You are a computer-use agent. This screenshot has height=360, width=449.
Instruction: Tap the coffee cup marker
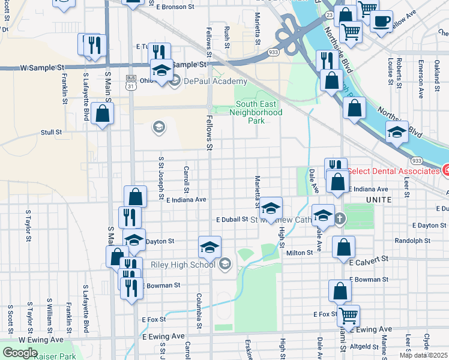click(x=382, y=22)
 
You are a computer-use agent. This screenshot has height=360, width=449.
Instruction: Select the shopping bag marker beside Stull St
click(x=103, y=113)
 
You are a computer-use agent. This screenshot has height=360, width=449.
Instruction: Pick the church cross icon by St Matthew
click(x=339, y=218)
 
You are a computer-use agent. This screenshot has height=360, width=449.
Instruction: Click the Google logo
click(x=19, y=353)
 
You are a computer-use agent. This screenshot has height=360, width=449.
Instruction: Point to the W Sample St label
click(x=42, y=68)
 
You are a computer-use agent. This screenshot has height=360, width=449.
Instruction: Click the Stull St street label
click(x=51, y=132)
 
